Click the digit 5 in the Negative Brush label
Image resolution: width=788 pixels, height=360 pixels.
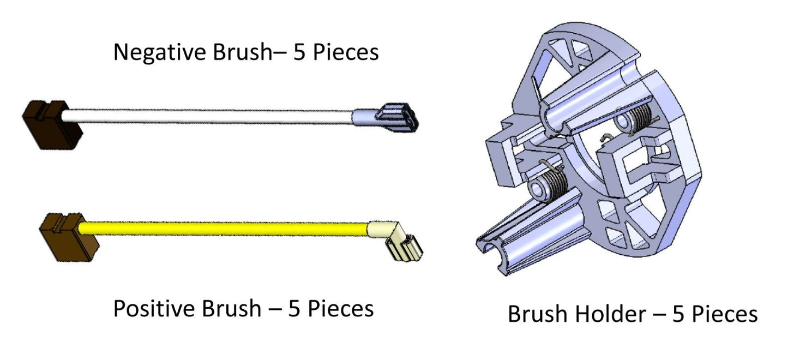(299, 53)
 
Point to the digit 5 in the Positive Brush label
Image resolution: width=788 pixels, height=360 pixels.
(294, 309)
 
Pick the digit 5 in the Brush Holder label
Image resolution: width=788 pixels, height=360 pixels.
(678, 315)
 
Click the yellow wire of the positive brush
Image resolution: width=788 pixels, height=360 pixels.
(224, 228)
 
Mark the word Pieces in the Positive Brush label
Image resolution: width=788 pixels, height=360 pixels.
(341, 309)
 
